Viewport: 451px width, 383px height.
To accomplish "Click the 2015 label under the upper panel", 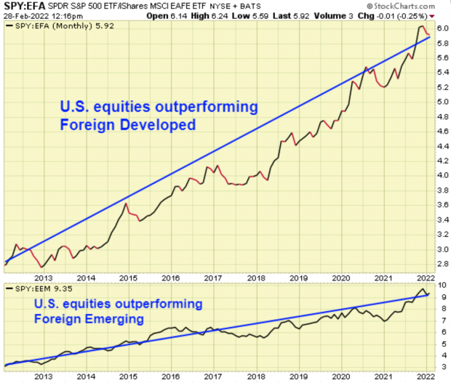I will (x=129, y=278).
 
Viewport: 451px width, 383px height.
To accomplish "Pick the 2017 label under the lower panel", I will (x=213, y=376).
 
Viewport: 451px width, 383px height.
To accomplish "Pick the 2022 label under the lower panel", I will (x=423, y=376).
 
